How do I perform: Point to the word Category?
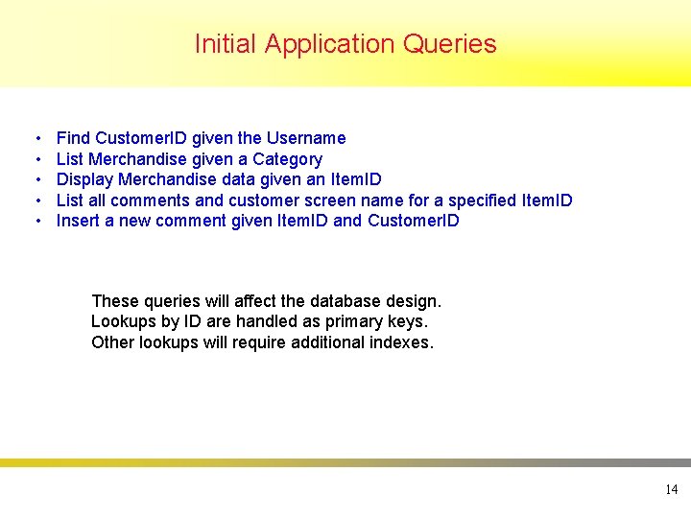(287, 159)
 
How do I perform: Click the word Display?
(84, 179)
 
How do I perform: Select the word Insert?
(78, 221)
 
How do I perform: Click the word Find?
(74, 138)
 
